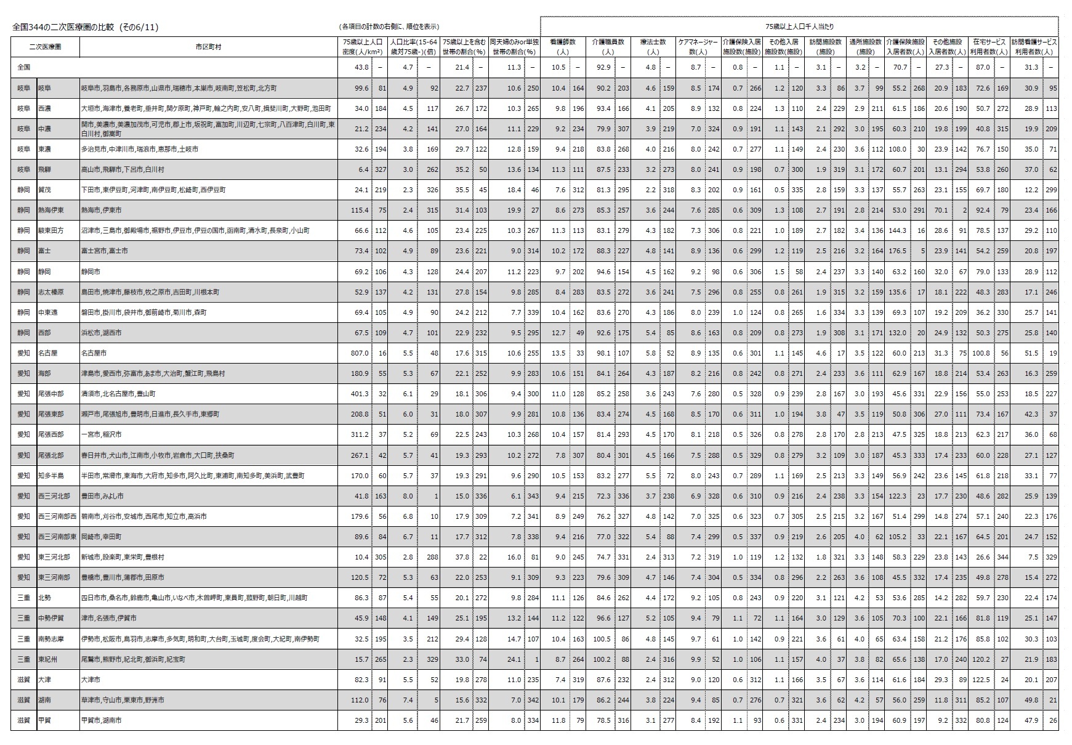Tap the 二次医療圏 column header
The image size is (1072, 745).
tap(46, 47)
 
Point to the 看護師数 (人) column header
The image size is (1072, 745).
tap(562, 47)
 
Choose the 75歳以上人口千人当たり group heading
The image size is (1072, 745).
tap(799, 27)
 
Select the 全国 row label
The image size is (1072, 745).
tap(23, 67)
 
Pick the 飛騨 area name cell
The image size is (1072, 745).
tap(44, 169)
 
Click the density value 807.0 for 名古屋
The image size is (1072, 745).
tap(359, 353)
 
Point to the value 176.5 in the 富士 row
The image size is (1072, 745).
tap(898, 251)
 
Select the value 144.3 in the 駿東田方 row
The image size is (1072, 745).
tap(898, 230)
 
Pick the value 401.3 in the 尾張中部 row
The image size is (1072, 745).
tap(359, 394)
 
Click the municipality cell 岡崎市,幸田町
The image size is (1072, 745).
tap(102, 537)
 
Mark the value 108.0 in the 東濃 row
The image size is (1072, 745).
tap(898, 149)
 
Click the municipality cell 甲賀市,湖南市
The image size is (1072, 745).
tap(102, 720)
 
